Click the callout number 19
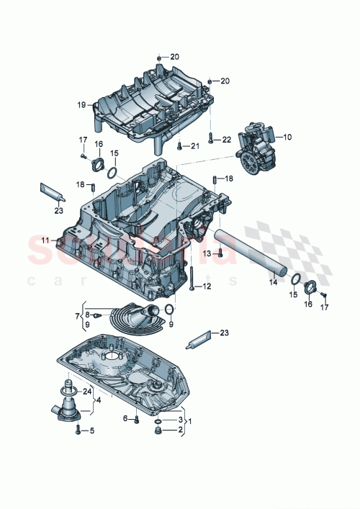tap(81, 104)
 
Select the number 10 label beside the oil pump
tap(287, 136)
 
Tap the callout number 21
tap(194, 146)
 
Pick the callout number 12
tap(207, 287)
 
